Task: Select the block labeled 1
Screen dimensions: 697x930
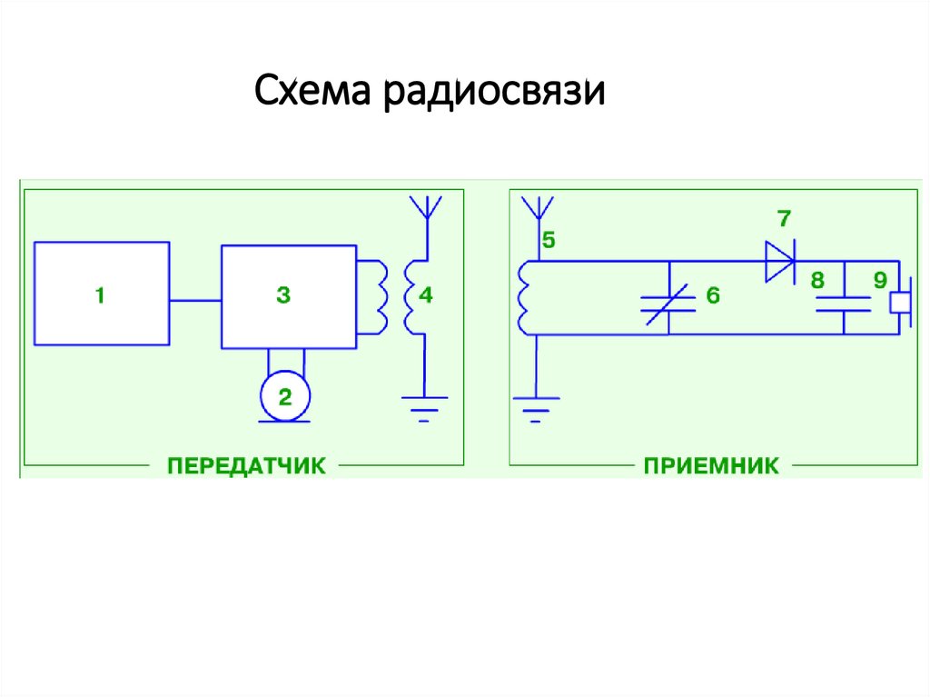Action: [x=101, y=294]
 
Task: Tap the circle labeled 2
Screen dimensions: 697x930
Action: [x=285, y=396]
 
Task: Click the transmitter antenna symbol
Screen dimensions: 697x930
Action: [x=422, y=208]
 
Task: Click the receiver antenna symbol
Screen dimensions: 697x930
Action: [x=538, y=208]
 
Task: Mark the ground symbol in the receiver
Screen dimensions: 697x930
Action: [x=537, y=405]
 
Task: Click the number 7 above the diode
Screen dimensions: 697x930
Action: [x=783, y=219]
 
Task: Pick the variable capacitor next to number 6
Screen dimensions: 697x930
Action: [x=668, y=304]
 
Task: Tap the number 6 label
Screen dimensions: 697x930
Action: [x=713, y=295]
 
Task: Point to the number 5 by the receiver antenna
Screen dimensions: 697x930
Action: [x=549, y=241]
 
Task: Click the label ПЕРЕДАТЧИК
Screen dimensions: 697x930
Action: [x=246, y=466]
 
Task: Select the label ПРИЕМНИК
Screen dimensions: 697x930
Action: [x=711, y=466]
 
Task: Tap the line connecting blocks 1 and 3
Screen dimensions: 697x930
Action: [x=195, y=300]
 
